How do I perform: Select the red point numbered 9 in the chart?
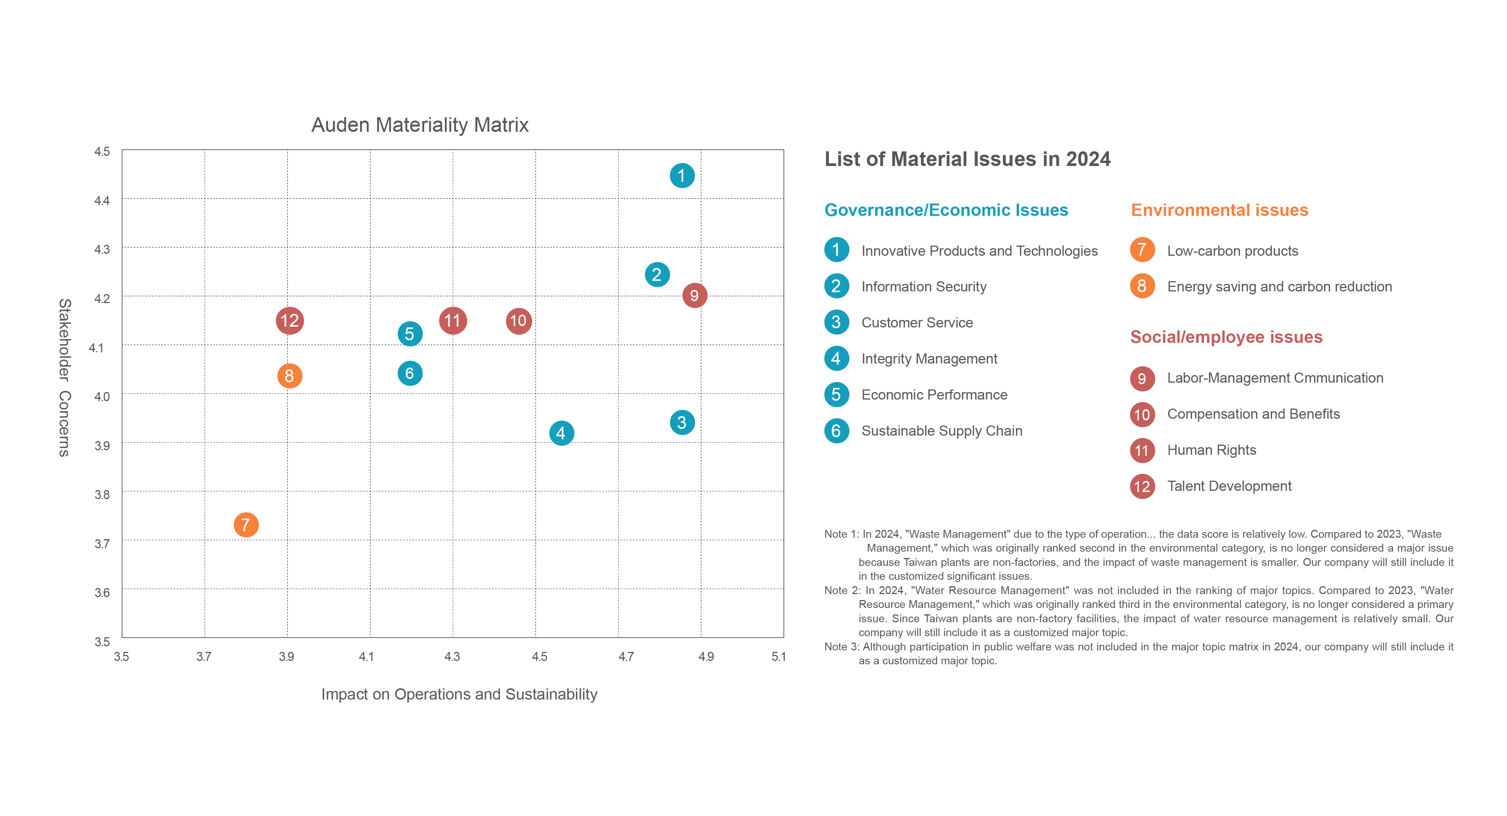click(695, 296)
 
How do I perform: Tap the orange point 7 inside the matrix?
click(246, 525)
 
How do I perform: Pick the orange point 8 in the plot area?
click(289, 376)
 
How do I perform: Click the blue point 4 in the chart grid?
click(561, 433)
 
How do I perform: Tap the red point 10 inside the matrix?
click(518, 321)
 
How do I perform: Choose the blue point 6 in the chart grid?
click(409, 374)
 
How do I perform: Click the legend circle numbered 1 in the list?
click(836, 250)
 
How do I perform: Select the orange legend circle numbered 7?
click(1142, 250)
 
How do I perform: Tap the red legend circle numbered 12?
click(1142, 486)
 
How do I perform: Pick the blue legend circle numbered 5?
click(836, 395)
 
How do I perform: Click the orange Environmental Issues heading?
click(1220, 210)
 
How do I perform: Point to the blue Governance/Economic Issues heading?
click(946, 210)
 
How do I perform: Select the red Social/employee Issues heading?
click(1226, 338)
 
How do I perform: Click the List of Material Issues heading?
click(967, 160)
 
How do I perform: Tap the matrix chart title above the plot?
click(420, 125)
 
